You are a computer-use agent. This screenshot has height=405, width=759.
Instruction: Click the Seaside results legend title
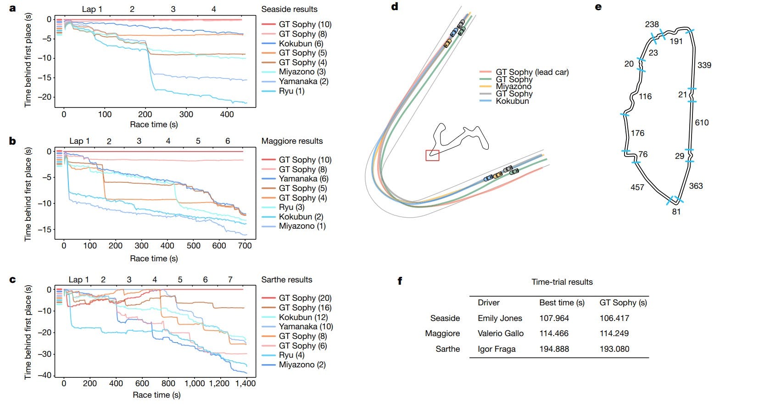click(289, 9)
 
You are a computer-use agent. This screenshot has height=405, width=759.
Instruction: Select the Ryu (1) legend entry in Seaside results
click(291, 91)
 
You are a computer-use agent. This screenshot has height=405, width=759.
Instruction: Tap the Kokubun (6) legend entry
click(301, 44)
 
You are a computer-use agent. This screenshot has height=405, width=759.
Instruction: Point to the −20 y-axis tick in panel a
click(45, 97)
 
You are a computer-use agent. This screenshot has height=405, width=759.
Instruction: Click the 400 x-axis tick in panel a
click(227, 114)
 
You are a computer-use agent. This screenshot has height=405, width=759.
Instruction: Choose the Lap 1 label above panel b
click(79, 141)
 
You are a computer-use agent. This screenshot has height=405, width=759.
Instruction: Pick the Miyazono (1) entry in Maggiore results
click(302, 226)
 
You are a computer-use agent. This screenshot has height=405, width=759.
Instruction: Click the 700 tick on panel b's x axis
click(245, 246)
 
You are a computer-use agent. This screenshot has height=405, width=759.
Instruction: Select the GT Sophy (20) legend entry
click(305, 298)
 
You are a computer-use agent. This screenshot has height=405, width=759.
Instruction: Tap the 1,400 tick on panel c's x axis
click(246, 383)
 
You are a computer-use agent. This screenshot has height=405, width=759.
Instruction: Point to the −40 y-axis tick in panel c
click(45, 375)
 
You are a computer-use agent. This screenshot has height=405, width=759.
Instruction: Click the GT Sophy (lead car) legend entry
click(532, 72)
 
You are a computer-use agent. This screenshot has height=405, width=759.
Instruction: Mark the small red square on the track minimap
click(432, 155)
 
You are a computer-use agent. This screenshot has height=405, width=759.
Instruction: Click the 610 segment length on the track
click(702, 123)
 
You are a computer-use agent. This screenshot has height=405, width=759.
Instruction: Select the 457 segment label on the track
click(637, 187)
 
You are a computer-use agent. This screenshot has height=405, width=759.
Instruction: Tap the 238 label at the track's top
click(652, 24)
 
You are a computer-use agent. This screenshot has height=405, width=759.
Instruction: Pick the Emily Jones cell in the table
click(500, 318)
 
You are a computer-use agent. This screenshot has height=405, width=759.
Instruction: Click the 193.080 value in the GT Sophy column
click(614, 349)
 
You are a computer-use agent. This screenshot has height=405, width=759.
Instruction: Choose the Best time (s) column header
click(562, 303)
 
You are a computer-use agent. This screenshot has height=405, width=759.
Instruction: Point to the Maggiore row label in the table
click(442, 333)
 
